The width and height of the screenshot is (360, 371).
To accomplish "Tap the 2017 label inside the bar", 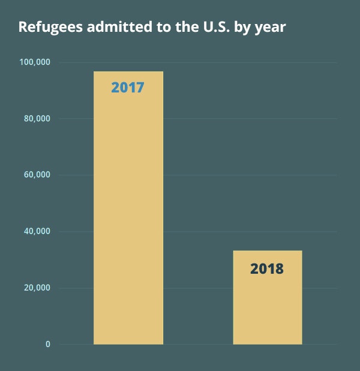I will click(x=128, y=88).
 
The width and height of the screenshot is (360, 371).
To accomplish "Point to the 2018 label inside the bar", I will click(x=267, y=268).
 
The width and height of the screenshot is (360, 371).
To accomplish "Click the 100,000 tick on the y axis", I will click(x=35, y=62).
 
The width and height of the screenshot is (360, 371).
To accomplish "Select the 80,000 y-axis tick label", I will click(x=37, y=119).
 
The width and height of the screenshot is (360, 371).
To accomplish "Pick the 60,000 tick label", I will click(x=37, y=175).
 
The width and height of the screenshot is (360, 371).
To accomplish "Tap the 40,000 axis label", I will click(x=37, y=232).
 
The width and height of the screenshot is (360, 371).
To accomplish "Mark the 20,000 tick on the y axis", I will click(x=37, y=288).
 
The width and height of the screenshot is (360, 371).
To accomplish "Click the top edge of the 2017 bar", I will click(x=128, y=72).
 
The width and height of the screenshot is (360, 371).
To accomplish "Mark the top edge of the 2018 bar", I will click(x=267, y=251).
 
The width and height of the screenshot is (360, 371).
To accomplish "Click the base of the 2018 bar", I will click(x=267, y=343).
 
